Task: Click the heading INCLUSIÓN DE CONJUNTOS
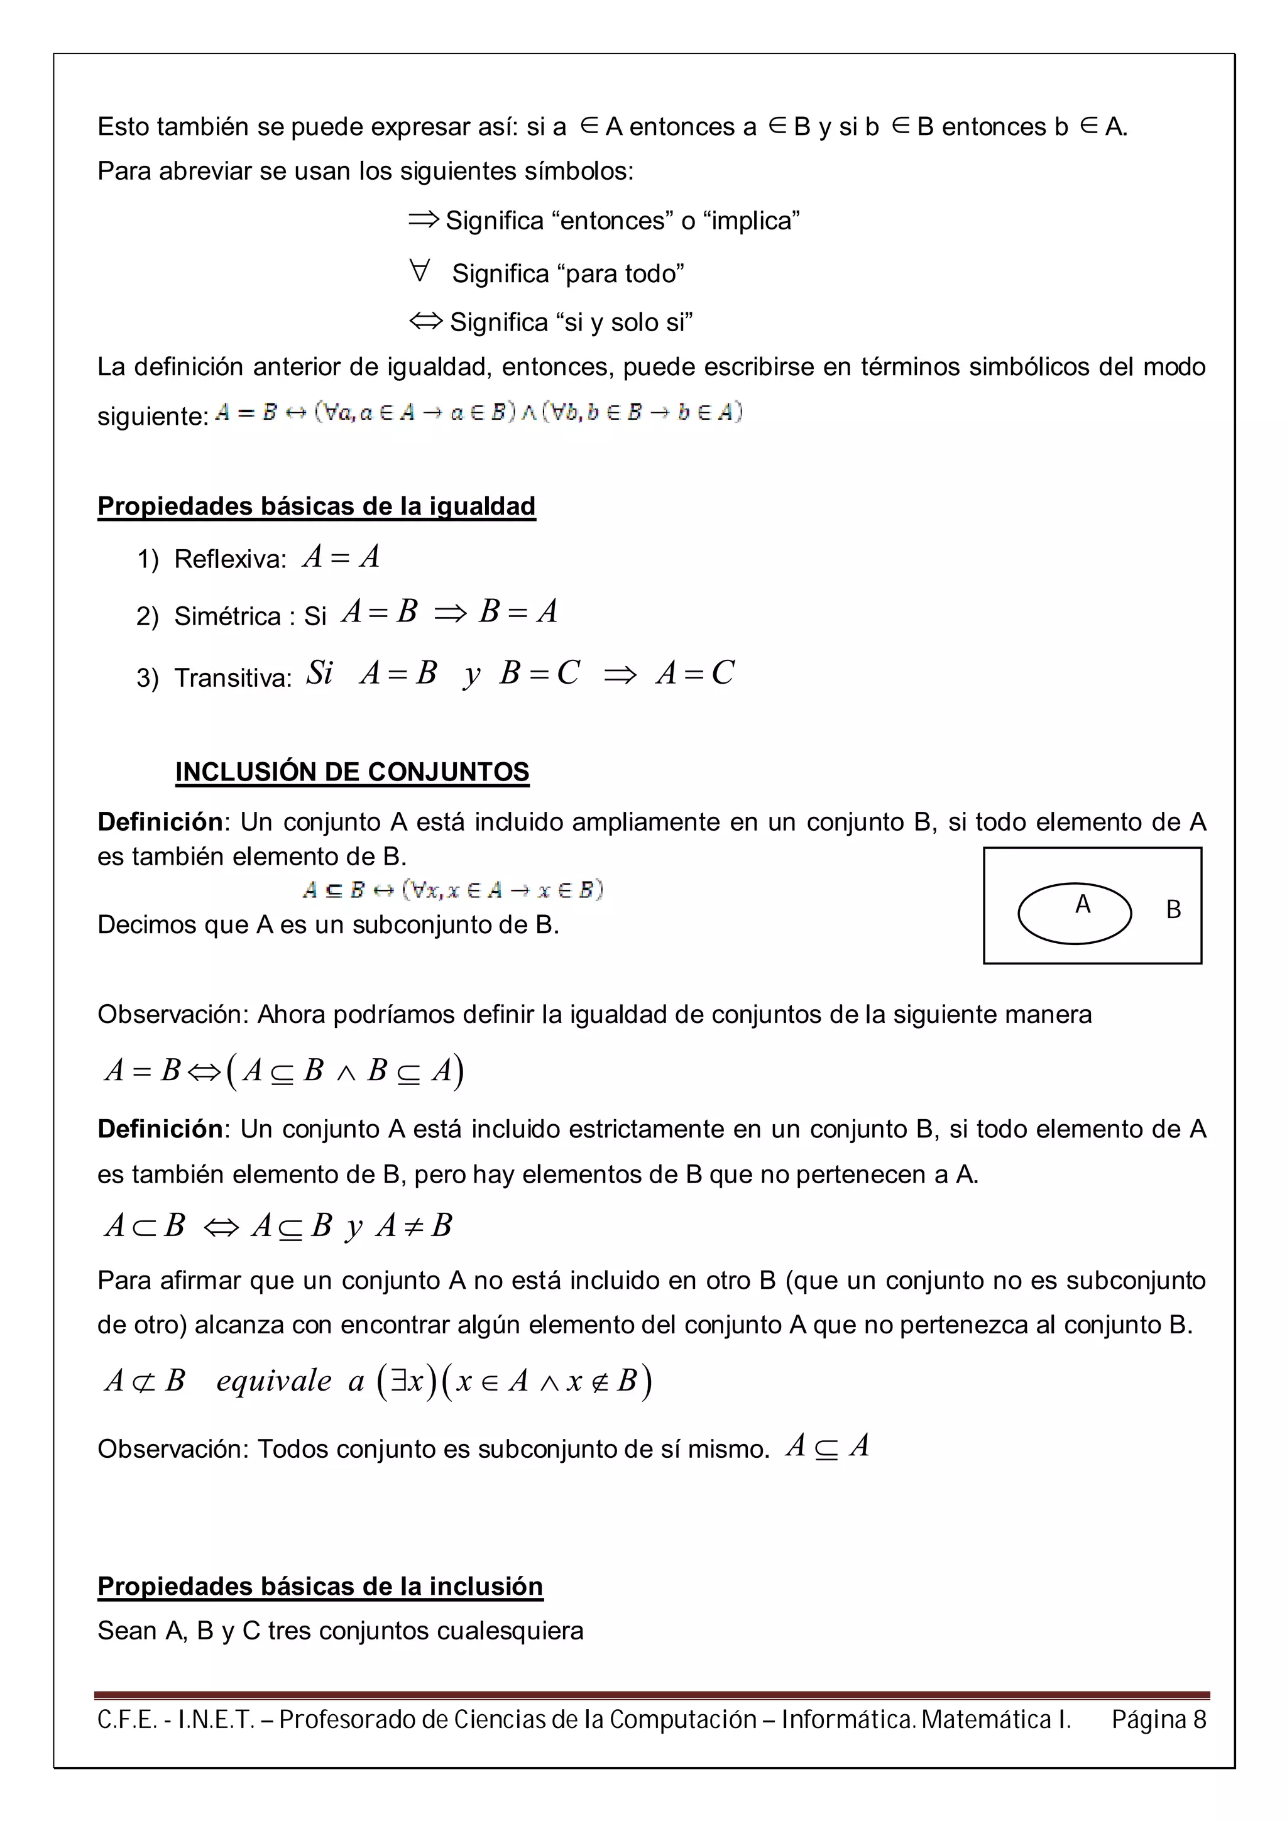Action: (x=352, y=772)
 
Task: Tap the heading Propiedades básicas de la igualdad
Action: (x=316, y=506)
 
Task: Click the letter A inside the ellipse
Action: (x=1082, y=904)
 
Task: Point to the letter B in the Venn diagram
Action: (x=1174, y=910)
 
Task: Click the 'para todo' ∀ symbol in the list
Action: (x=420, y=272)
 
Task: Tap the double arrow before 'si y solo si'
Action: (x=426, y=321)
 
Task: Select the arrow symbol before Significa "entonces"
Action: (x=424, y=220)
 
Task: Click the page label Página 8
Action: (x=1159, y=1719)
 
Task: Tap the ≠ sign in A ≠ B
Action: (x=413, y=1226)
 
